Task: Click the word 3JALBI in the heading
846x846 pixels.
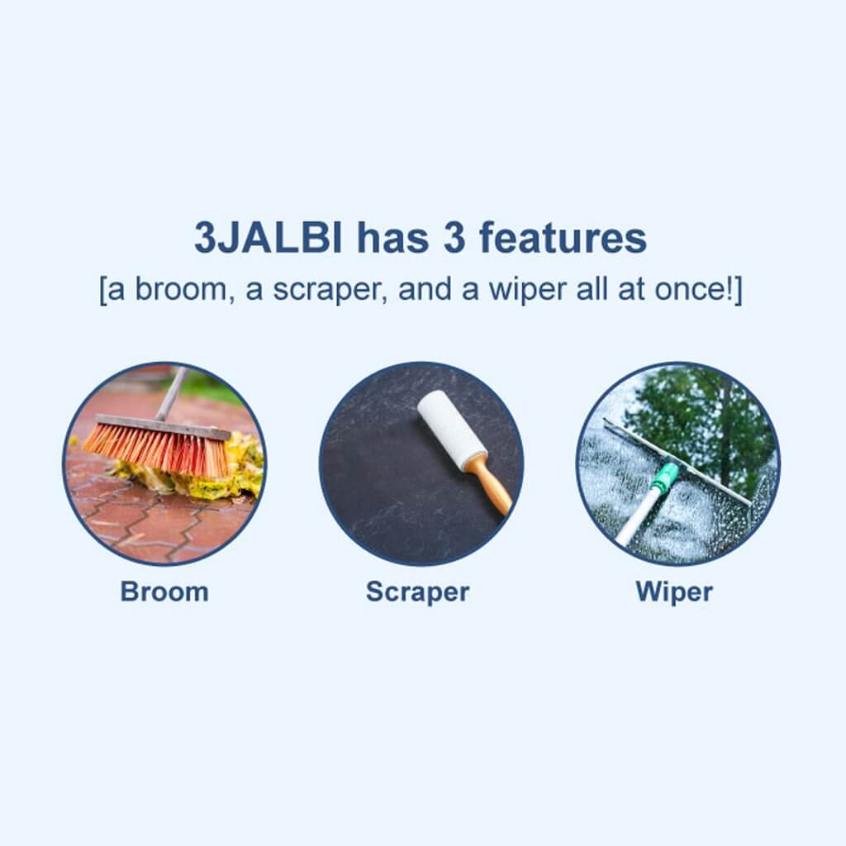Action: pyautogui.click(x=269, y=237)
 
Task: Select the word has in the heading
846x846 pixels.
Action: pyautogui.click(x=392, y=237)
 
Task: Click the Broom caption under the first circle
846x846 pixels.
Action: pyautogui.click(x=164, y=592)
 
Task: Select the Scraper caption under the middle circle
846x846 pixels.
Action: pyautogui.click(x=417, y=592)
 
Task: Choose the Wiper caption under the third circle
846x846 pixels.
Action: pyautogui.click(x=674, y=592)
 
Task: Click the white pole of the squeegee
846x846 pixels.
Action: pyautogui.click(x=638, y=517)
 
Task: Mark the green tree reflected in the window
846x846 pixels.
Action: pyautogui.click(x=701, y=421)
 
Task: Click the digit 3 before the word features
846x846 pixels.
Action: pyautogui.click(x=454, y=237)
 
